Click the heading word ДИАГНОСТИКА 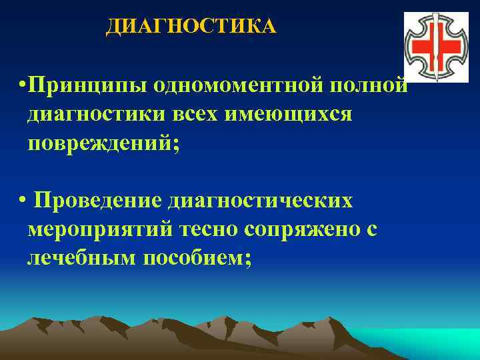click(x=191, y=26)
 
